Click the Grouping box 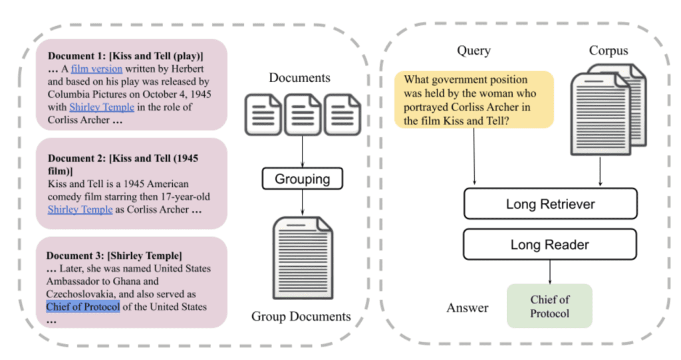(303, 178)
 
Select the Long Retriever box (550, 204)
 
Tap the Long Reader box (550, 244)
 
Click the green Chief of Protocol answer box (549, 306)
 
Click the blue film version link (96, 69)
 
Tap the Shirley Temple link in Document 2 (80, 209)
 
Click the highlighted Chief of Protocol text (83, 307)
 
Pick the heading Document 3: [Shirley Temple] (114, 256)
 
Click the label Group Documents (301, 316)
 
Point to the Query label (474, 51)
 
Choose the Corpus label (608, 51)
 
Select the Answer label (467, 307)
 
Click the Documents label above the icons (299, 78)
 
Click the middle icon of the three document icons (303, 114)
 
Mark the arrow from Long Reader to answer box (550, 271)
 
